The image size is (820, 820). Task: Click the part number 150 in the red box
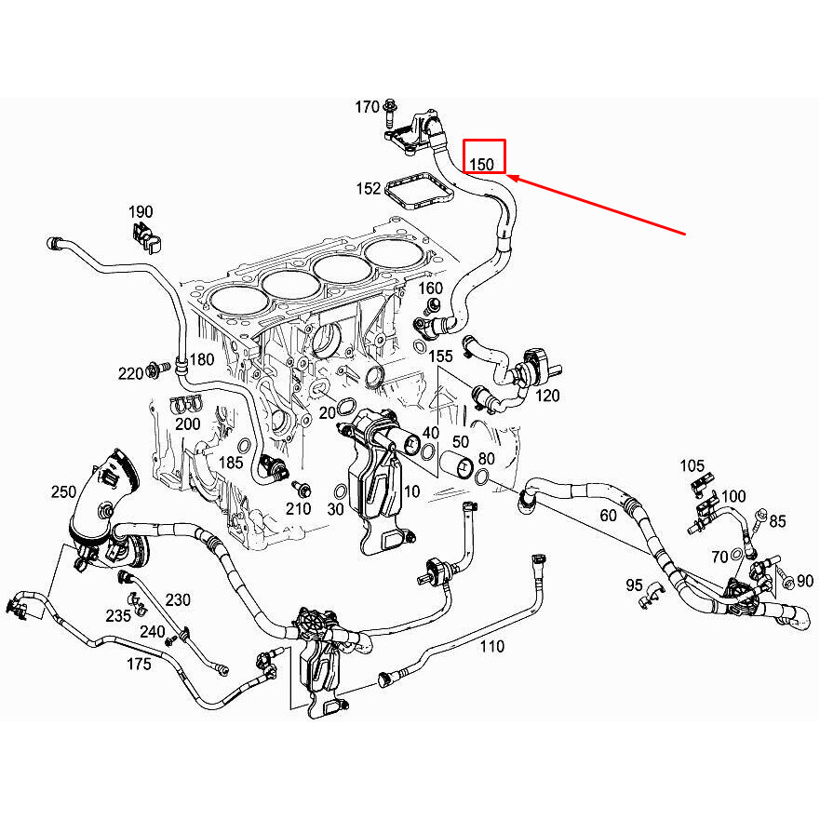[x=482, y=164]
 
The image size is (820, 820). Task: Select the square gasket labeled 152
[x=418, y=191]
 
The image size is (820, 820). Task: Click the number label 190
[x=141, y=212]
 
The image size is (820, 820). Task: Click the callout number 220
[x=130, y=373]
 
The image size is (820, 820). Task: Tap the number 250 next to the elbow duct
[x=64, y=491]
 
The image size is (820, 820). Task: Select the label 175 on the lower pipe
[x=138, y=663]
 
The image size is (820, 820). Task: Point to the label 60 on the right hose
[x=608, y=515]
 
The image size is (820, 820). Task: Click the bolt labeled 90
[x=782, y=581]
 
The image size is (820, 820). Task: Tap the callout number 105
[x=692, y=465]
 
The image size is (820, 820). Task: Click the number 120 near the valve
[x=547, y=395]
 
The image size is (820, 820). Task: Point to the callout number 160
[x=430, y=288]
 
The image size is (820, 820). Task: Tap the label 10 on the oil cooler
[x=411, y=491]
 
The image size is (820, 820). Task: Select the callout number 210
[x=298, y=508]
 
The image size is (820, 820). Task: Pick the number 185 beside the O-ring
[x=231, y=462]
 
